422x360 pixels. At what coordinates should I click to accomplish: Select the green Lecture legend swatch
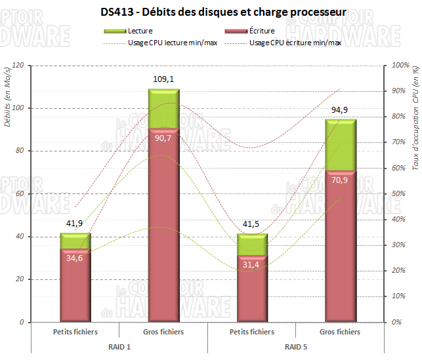coord(116,31)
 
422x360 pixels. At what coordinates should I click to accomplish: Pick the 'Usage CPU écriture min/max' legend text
coord(296,43)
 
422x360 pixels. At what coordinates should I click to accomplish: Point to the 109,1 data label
coord(163,79)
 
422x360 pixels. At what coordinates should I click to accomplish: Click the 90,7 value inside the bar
coord(163,138)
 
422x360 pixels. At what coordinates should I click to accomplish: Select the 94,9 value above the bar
coord(340,110)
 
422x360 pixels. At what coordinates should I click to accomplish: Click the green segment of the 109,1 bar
coord(163,108)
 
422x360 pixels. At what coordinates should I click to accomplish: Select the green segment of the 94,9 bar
coord(340,144)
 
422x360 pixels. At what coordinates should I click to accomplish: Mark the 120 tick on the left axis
coord(18,66)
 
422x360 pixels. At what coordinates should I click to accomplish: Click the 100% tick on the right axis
coord(400,66)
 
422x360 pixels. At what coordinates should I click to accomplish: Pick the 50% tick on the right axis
coord(399,194)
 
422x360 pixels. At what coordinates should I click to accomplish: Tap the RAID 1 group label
coord(119,346)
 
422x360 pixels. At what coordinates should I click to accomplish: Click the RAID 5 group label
coord(295,346)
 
